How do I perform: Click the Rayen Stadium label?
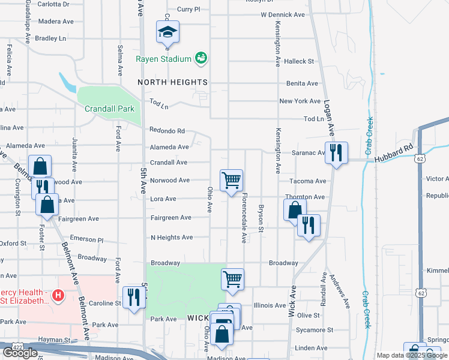163,59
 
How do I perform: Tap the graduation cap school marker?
168,33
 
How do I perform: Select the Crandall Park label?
109,109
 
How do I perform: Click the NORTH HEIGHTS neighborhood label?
172,82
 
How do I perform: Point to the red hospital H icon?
58,295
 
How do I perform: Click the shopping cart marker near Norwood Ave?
232,180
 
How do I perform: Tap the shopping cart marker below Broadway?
232,279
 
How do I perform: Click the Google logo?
20,353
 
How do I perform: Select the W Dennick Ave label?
283,14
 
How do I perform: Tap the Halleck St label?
299,61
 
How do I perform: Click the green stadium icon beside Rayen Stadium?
201,58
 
